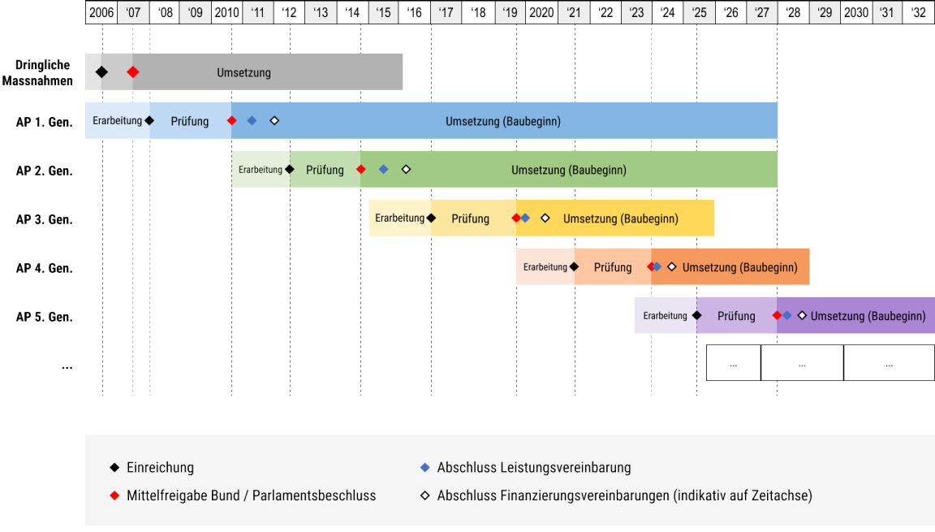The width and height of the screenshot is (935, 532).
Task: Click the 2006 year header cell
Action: [x=101, y=13]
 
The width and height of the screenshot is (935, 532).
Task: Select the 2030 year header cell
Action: [x=856, y=13]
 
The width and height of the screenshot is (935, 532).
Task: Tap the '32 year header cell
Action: [x=919, y=13]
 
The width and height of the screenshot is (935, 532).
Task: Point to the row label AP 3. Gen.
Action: [x=45, y=219]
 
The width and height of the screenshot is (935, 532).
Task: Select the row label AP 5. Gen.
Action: [x=45, y=317]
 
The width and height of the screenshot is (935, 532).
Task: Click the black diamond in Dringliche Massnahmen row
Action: [x=101, y=72]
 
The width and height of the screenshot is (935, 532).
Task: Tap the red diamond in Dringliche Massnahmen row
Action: [x=133, y=72]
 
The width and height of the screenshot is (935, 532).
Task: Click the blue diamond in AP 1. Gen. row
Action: [x=252, y=121]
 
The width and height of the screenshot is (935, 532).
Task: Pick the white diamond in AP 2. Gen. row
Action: [x=406, y=170]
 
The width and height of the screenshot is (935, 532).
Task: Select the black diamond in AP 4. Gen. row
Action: [x=574, y=266]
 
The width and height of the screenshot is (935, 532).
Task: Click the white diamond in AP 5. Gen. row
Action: [x=802, y=315]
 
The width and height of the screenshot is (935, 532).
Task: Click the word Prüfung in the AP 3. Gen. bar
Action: [x=471, y=218]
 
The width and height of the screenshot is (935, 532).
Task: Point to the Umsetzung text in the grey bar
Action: [x=243, y=72]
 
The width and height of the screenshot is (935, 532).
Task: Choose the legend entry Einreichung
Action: [x=160, y=468]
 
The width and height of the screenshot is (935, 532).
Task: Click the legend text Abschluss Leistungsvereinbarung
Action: [x=533, y=468]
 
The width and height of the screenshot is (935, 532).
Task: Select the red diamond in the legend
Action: [x=114, y=495]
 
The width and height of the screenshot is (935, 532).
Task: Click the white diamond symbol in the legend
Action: [x=424, y=495]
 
